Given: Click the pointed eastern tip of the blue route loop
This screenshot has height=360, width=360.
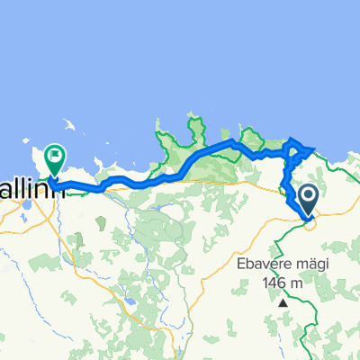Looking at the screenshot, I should click(314, 148).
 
